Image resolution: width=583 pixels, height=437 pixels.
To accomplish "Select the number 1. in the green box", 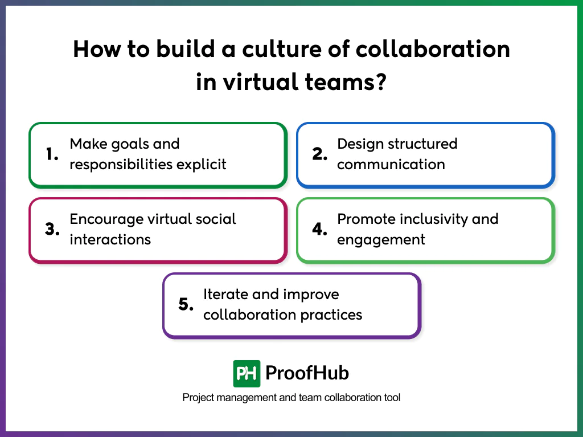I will tap(52, 155).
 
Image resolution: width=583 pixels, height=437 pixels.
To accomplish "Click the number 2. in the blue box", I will tap(319, 155).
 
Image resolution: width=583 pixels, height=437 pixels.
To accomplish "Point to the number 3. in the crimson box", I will tap(52, 230).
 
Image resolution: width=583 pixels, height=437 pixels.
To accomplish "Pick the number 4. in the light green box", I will tap(320, 230).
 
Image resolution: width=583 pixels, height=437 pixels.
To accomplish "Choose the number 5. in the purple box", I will tap(186, 305).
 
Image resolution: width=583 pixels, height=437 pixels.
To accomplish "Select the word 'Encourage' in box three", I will tap(106, 219).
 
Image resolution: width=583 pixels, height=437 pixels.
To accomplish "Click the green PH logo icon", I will tap(247, 374).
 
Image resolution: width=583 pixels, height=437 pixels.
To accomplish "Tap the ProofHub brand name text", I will tap(307, 374).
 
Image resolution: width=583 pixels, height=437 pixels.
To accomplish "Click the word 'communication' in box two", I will tap(391, 165).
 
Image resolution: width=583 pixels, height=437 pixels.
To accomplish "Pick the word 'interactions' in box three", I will tap(110, 239).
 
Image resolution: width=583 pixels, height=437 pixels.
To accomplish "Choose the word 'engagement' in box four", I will tap(381, 240).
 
